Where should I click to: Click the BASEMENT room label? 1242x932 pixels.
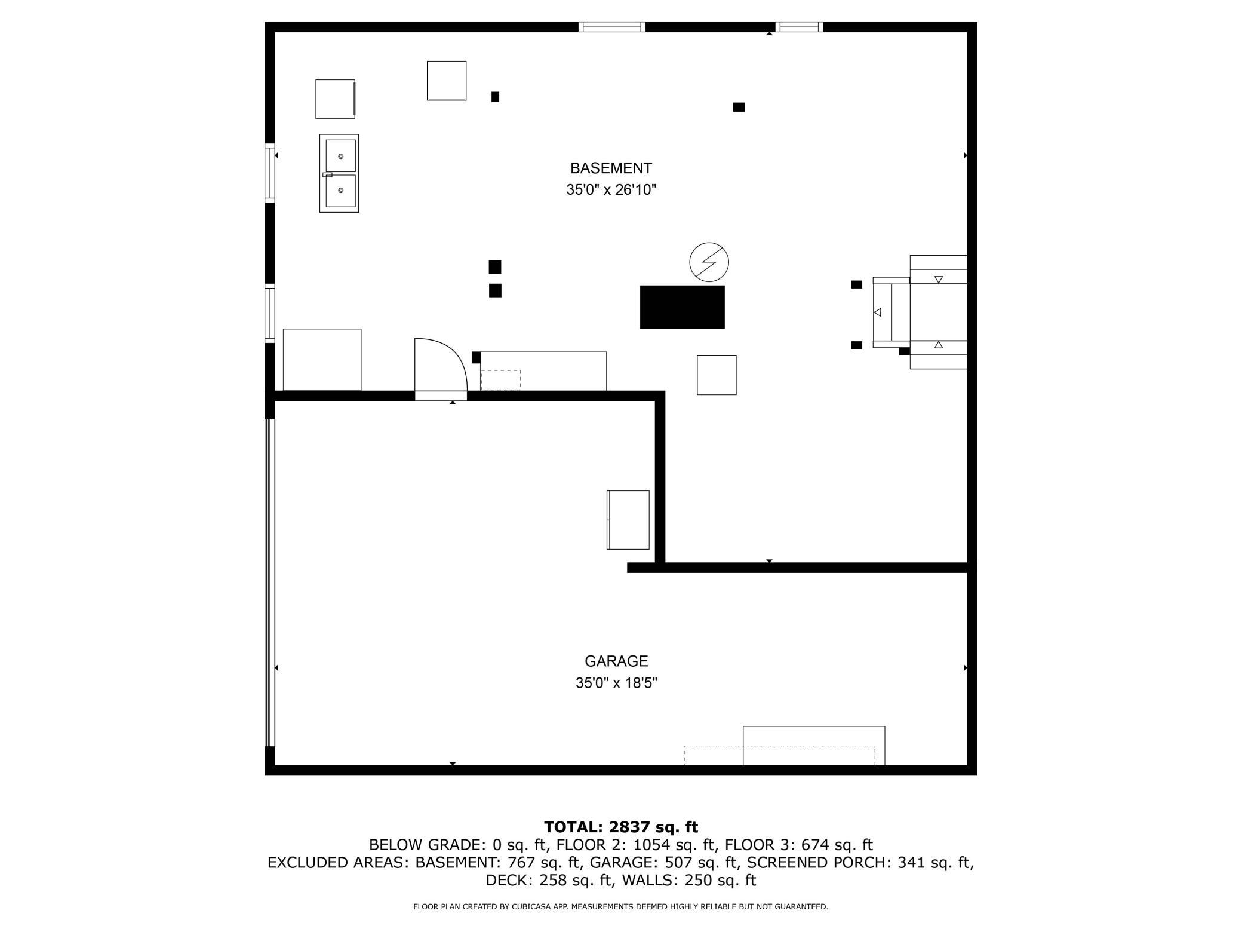pos(610,168)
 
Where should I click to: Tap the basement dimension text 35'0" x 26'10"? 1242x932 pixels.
pos(611,190)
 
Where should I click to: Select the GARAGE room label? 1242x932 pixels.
pos(616,661)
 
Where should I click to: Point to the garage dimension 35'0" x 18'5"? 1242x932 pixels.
pos(616,683)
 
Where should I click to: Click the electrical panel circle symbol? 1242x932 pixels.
pos(709,262)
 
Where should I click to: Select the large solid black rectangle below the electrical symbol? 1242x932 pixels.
pos(682,307)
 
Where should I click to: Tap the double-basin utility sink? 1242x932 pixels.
pos(339,173)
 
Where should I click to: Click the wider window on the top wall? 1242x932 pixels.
pos(612,27)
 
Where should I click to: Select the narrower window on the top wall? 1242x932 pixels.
pos(798,27)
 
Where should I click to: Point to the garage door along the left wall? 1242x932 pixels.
pos(270,582)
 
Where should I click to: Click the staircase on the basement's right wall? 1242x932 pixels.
pos(937,312)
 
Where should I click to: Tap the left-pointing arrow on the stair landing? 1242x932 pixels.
pos(877,312)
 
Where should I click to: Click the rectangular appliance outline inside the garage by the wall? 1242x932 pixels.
pos(628,520)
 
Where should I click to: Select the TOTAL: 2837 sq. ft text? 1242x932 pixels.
pos(620,827)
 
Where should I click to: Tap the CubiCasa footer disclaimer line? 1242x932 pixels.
pos(620,906)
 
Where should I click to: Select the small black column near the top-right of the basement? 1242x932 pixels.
pos(739,108)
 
